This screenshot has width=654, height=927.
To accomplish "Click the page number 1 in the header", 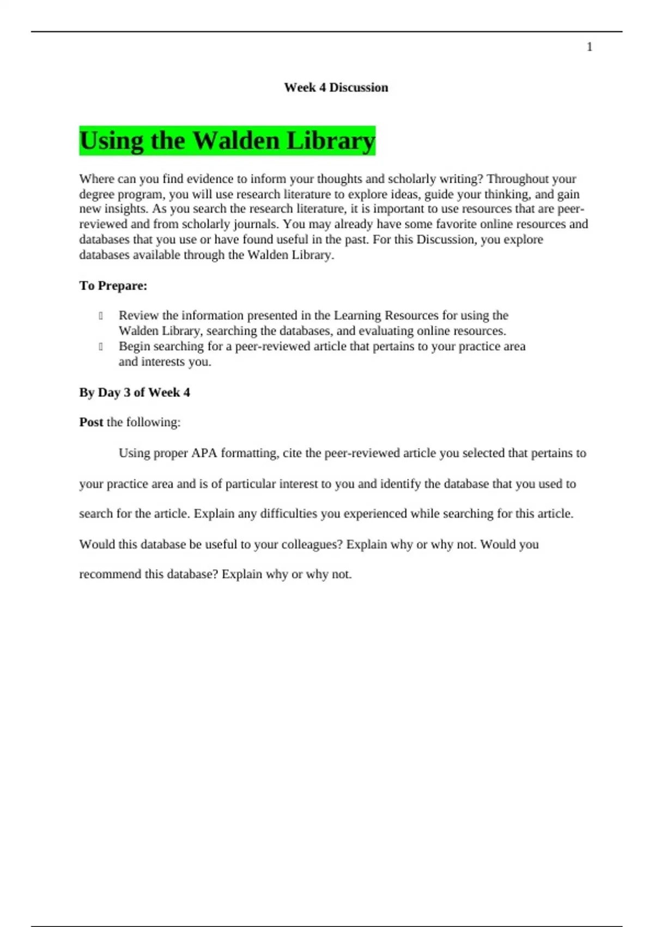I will point(589,47).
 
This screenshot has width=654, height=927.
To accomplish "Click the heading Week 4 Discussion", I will point(336,87).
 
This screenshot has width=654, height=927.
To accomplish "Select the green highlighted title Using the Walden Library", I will point(227,141).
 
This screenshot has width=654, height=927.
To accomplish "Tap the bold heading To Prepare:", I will point(113,286).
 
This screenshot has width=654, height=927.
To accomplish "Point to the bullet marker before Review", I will point(101,316).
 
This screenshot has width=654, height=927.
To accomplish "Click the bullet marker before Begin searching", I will point(101,347).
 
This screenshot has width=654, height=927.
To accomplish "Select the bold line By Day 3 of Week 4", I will point(135,393).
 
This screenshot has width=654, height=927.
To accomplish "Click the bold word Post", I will point(91,422).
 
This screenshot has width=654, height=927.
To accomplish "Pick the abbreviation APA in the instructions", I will point(204,453).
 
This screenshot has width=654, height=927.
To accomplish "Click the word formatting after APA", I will point(250,453).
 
